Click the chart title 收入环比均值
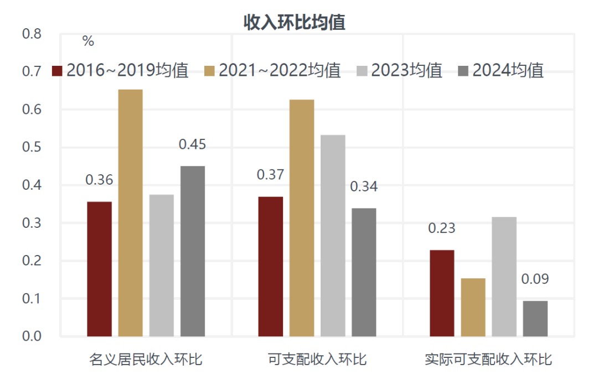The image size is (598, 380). click(295, 22)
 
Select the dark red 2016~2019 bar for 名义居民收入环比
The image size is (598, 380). click(100, 269)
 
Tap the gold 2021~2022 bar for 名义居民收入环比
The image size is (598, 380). click(131, 213)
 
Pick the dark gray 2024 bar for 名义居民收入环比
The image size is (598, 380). click(193, 251)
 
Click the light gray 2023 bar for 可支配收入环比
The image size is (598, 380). click(333, 236)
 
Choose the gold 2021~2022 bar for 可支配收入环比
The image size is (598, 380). click(302, 218)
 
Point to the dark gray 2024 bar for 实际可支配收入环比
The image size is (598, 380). click(535, 319)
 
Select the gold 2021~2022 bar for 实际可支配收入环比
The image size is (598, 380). click(473, 308)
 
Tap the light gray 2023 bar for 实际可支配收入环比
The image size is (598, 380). click(504, 277)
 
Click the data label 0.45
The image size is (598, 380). click(192, 145)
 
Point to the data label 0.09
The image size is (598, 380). click(535, 279)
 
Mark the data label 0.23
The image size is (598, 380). click(442, 228)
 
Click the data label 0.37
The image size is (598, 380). click(270, 175)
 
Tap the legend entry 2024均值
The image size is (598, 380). click(501, 71)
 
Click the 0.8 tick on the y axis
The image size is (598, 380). click(32, 34)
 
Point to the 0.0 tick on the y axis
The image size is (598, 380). click(32, 336)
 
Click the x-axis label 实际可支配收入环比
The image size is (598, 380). click(488, 360)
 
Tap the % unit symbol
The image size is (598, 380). click(88, 41)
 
